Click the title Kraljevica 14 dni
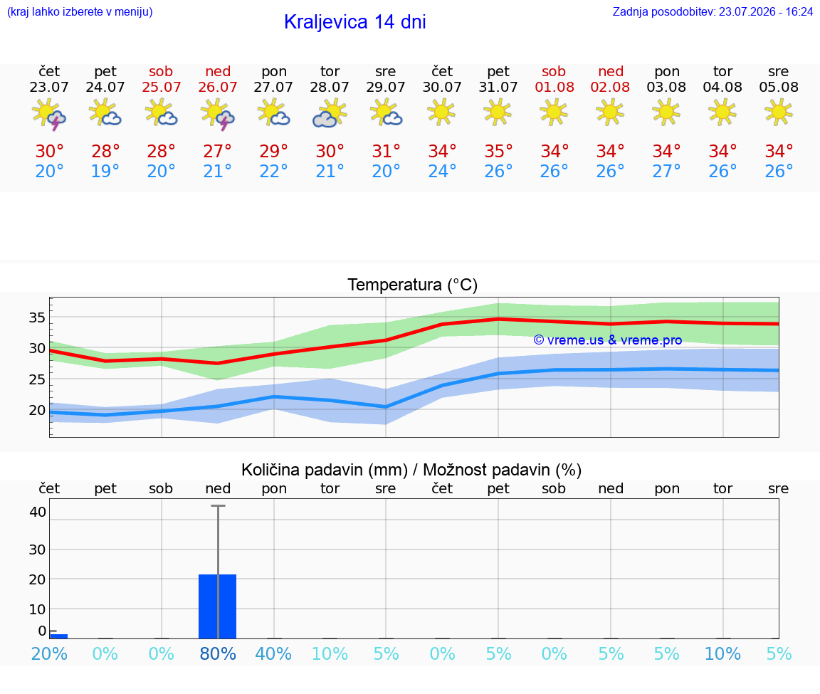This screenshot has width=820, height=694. (354, 22)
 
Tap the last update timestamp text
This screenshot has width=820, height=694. (713, 12)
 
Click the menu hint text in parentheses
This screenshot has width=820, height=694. (80, 12)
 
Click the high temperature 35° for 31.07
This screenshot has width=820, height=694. (498, 151)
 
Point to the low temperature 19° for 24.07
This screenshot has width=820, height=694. (105, 171)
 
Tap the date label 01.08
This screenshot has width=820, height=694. (554, 87)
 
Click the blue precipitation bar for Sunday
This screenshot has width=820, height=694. (218, 606)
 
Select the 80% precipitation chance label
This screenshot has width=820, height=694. (218, 653)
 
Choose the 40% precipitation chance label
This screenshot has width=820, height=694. (273, 653)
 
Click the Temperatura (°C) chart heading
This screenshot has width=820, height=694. (412, 285)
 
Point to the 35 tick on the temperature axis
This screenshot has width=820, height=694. (37, 317)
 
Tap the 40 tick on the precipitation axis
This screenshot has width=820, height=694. (38, 512)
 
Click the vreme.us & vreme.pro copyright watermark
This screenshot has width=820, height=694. (608, 340)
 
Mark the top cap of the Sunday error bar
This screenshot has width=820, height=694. (218, 505)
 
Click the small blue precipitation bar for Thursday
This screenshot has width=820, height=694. (58, 636)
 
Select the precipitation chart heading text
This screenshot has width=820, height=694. (411, 470)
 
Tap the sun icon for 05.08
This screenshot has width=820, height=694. (779, 112)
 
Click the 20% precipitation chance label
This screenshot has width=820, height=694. (49, 653)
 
